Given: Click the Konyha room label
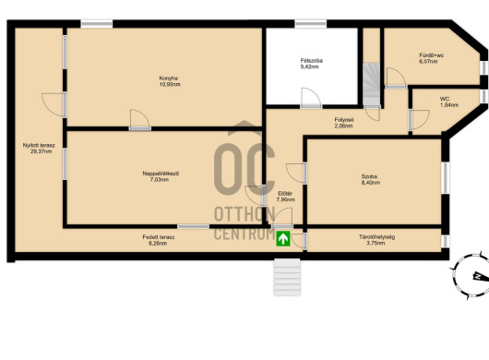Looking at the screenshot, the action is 170,81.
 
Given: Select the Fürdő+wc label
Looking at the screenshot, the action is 431,58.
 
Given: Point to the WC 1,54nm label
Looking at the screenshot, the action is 449,102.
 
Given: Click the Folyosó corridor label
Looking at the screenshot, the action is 344,123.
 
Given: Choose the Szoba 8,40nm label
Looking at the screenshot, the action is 371,180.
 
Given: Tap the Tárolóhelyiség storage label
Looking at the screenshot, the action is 376,240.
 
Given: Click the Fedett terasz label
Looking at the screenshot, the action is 159,240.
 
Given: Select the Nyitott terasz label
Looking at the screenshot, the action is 39,149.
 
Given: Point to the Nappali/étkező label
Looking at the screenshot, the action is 161,176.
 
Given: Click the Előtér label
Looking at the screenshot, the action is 285,197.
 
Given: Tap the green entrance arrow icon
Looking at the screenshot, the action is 283,239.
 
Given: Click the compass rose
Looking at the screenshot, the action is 471,276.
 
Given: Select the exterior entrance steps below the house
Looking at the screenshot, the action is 287,277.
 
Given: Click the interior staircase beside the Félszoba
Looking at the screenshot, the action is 372,85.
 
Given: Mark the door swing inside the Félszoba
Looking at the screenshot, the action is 311,98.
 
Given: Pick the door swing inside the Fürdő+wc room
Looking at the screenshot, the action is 396,78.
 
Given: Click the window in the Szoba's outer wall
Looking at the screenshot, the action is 446,178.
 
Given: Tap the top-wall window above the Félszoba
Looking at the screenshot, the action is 311,24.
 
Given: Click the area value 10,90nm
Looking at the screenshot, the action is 170,84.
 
